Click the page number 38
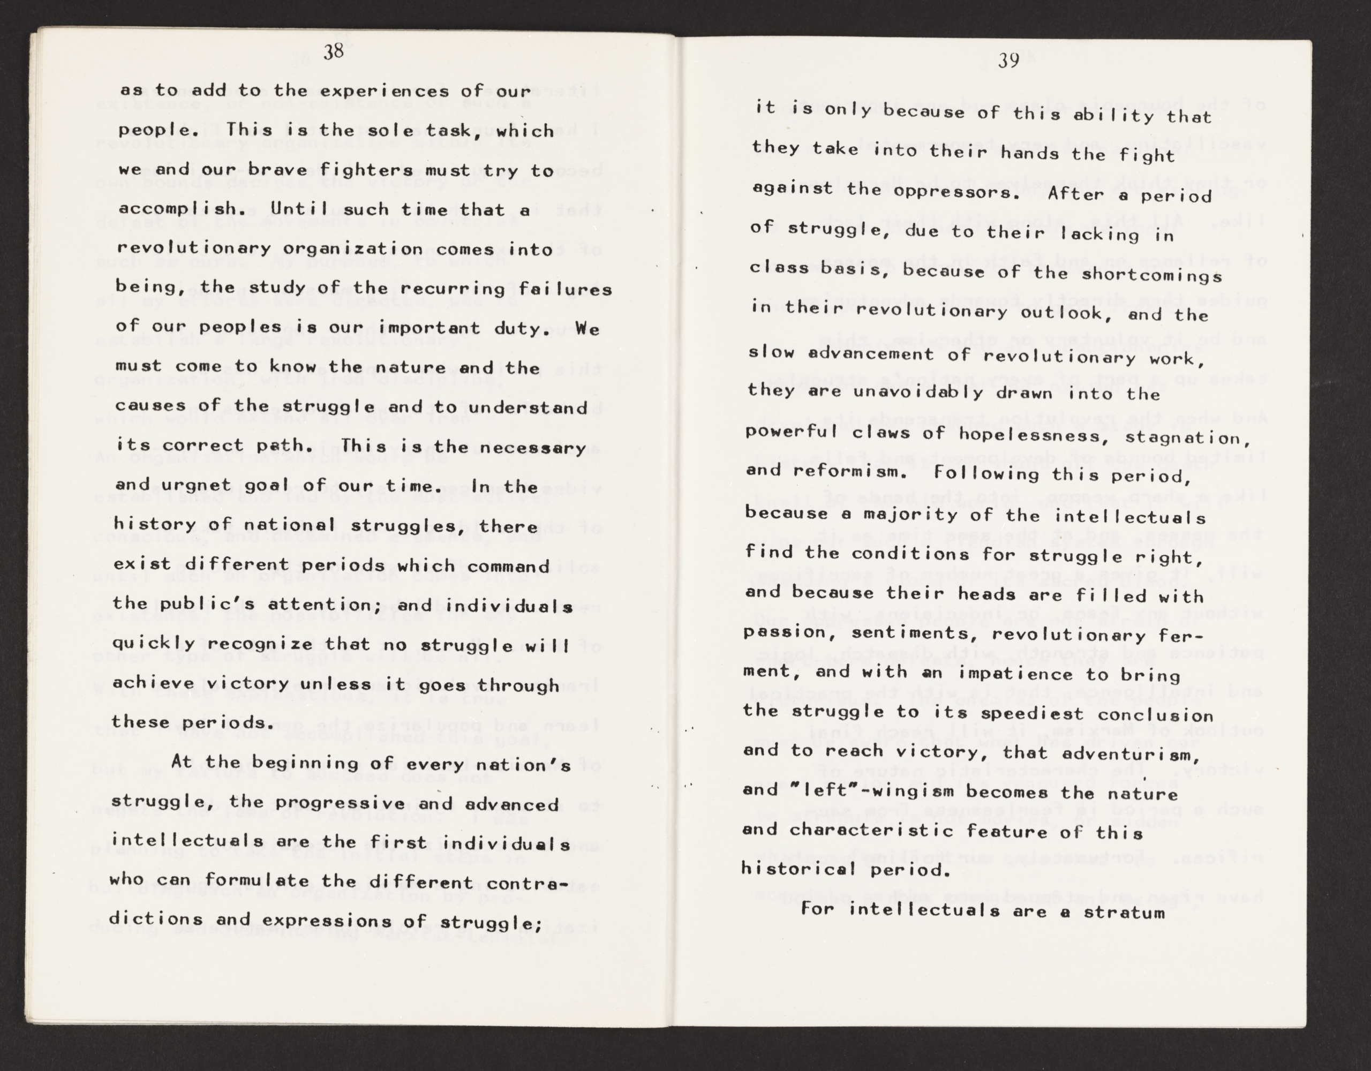(x=334, y=51)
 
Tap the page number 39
(x=1007, y=62)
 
